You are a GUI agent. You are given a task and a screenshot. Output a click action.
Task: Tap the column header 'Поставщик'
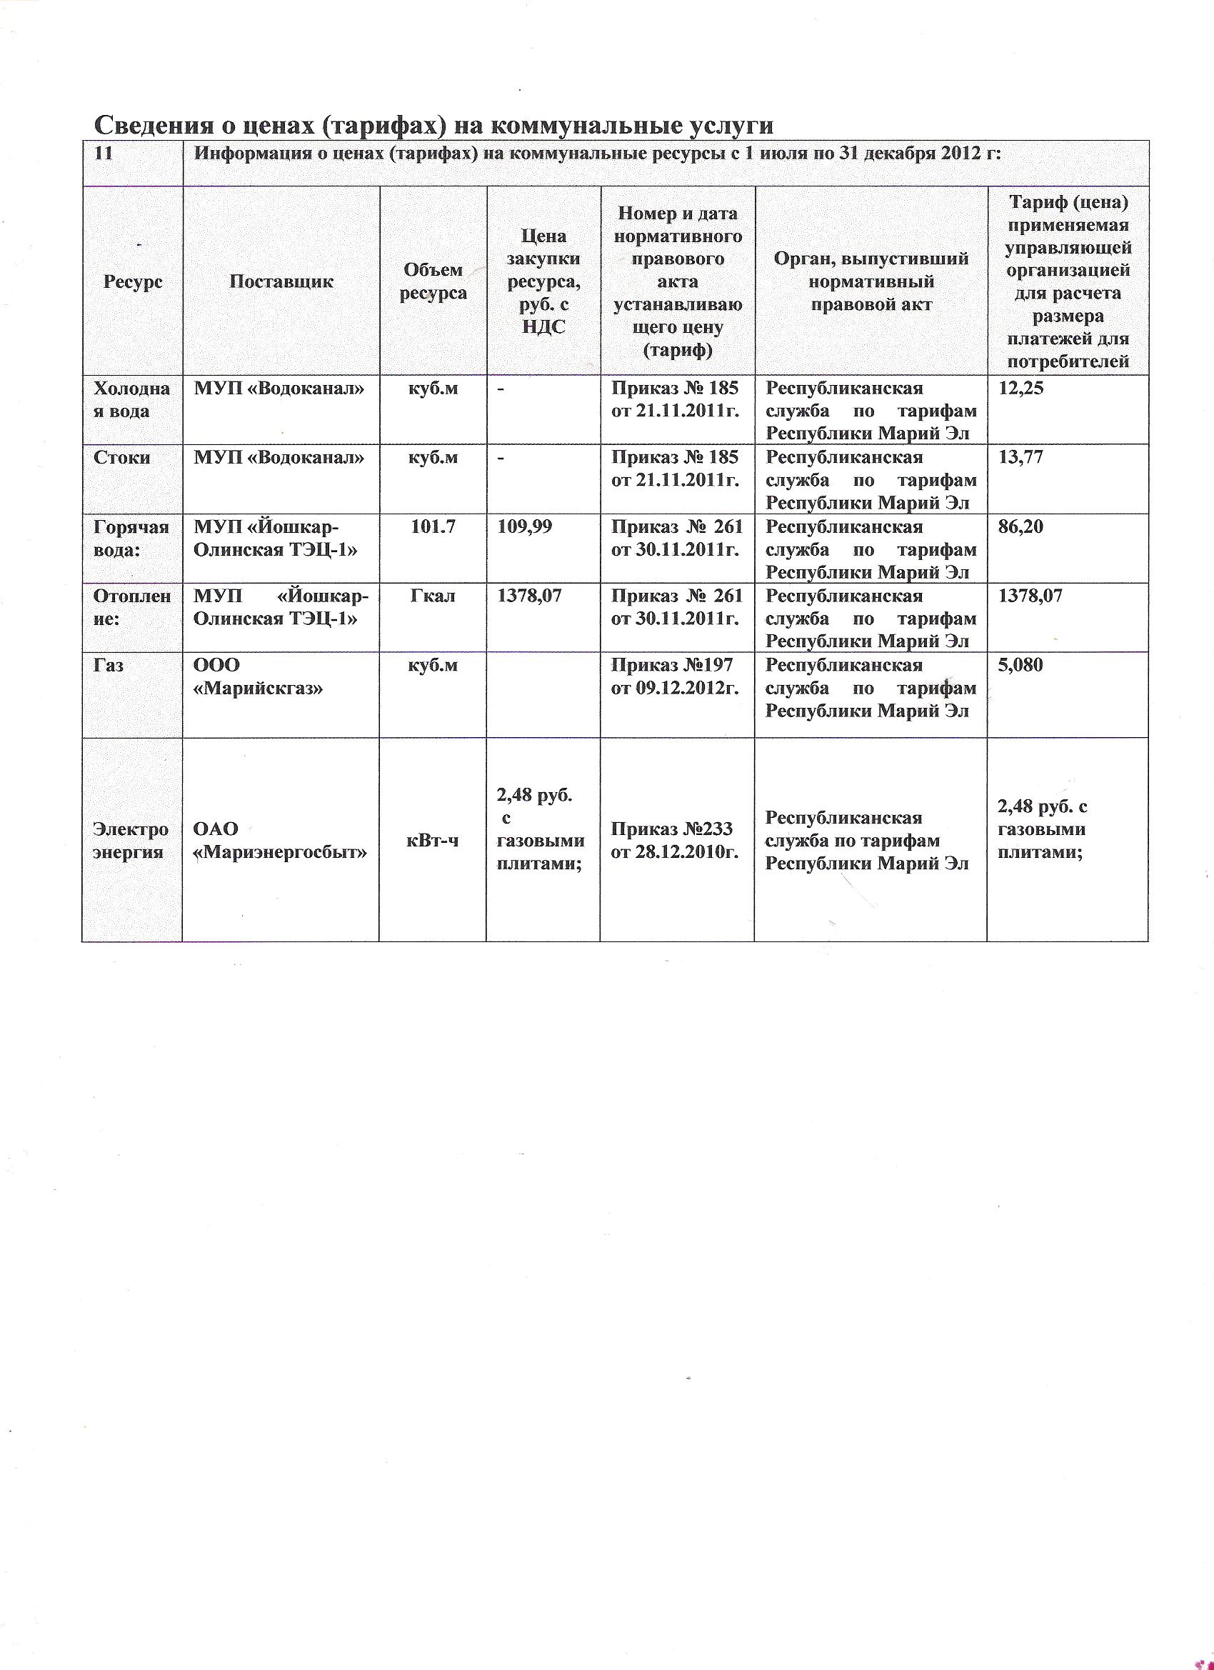281,281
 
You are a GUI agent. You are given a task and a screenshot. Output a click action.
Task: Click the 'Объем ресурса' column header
433,281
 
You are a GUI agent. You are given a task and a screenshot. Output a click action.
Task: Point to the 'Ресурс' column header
134,281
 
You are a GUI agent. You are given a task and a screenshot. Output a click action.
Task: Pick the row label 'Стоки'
122,457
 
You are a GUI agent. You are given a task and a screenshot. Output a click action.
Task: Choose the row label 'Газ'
109,665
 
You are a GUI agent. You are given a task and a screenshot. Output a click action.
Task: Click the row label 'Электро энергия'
131,840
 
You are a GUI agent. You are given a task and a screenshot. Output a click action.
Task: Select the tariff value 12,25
1020,388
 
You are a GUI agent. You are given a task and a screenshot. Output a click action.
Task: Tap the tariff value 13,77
1020,457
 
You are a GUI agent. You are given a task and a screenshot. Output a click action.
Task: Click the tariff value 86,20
1020,526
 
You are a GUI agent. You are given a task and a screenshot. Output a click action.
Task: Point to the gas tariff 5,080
1020,665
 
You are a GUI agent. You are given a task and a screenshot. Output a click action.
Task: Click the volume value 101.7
433,526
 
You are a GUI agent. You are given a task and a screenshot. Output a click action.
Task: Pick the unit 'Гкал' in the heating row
433,596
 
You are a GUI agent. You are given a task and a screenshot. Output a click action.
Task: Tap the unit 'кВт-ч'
433,840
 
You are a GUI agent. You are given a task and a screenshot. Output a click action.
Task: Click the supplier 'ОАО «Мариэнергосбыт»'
280,840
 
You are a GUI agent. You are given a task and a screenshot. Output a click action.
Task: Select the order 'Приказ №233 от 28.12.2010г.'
674,840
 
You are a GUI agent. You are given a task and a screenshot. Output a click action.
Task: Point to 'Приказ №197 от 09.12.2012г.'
674,676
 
